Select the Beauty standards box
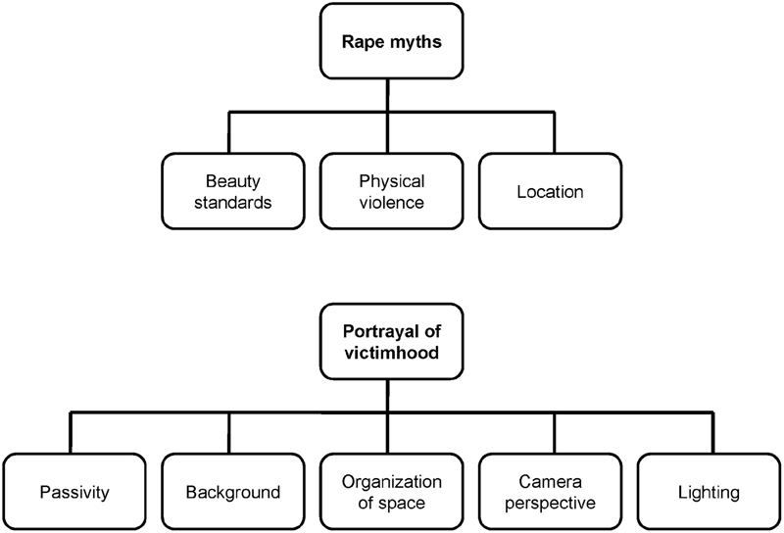tap(231, 191)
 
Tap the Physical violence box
tap(391, 191)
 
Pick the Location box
tap(551, 191)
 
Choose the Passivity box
tap(71, 491)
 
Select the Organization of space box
tap(391, 491)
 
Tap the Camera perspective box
tap(552, 491)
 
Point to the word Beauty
tap(231, 181)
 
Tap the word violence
tap(391, 202)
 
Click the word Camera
tap(552, 480)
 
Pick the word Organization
tap(391, 480)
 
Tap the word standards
tap(231, 202)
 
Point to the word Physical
tap(391, 181)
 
